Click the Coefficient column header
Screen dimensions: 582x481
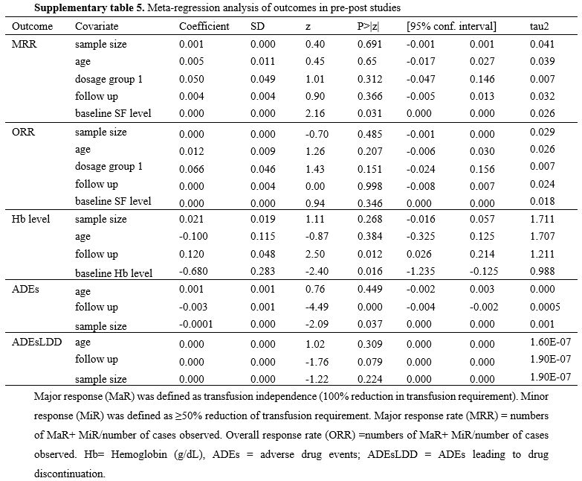click(204, 26)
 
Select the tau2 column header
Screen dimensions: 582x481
click(539, 26)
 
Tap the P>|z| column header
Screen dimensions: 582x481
click(368, 26)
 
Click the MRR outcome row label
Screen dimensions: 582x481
click(24, 44)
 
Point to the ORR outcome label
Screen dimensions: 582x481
click(23, 132)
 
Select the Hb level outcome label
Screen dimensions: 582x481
click(30, 219)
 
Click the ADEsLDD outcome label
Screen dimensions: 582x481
click(36, 342)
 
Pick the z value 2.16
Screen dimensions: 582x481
click(315, 113)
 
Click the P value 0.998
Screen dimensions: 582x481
click(369, 186)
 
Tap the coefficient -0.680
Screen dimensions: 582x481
click(193, 271)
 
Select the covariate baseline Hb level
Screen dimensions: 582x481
click(114, 273)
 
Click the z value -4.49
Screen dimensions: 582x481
click(314, 307)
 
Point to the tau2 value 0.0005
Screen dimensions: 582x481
click(545, 307)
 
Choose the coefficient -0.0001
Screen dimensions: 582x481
click(196, 324)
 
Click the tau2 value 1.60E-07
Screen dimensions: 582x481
click(551, 342)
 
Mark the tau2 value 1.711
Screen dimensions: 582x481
click(543, 219)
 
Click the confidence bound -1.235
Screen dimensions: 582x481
click(421, 271)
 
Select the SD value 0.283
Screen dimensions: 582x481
click(263, 271)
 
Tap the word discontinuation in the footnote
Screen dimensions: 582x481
click(70, 474)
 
